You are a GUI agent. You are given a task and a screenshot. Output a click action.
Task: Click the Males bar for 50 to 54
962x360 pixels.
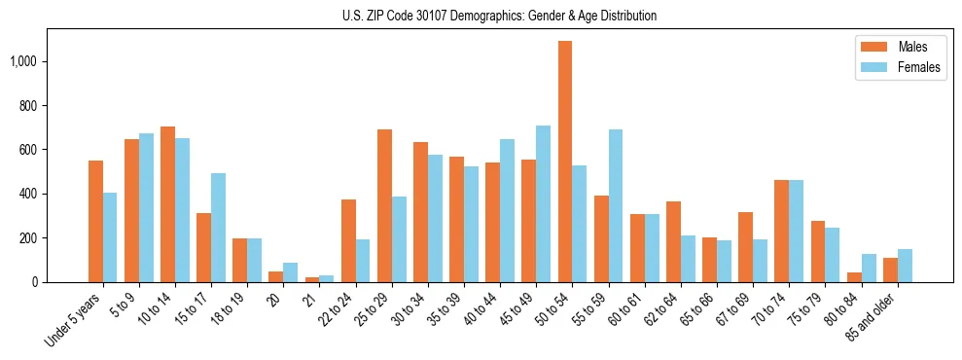[565, 162]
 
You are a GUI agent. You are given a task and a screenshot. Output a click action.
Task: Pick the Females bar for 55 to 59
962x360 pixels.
[616, 205]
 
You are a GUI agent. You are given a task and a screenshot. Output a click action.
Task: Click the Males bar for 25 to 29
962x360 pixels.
[384, 205]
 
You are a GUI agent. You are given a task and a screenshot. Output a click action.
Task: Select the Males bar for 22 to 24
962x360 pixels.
[348, 240]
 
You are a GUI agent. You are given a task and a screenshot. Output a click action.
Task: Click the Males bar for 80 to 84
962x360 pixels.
[854, 277]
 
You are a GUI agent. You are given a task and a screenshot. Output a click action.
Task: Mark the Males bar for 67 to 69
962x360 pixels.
[746, 247]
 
